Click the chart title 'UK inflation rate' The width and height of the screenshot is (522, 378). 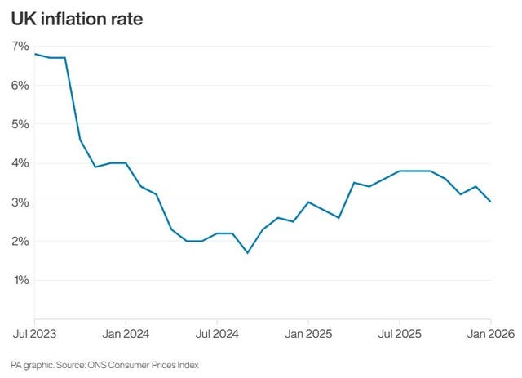(x=77, y=18)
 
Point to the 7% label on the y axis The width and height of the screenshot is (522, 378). (x=20, y=46)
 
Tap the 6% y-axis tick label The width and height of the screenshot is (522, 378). (x=20, y=85)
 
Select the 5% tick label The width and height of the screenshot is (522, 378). (x=20, y=124)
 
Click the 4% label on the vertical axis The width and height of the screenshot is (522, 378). (x=20, y=163)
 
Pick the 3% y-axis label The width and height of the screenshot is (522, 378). (x=20, y=202)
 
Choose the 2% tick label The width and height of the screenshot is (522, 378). (x=20, y=242)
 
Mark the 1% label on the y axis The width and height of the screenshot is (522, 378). (x=20, y=280)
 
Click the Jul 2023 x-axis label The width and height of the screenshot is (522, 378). (x=33, y=334)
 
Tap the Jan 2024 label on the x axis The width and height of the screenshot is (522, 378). (x=126, y=334)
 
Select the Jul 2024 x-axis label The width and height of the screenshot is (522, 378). (x=217, y=334)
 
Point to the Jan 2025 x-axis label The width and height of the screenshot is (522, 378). (x=308, y=334)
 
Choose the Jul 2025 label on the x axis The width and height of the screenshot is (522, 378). (x=400, y=334)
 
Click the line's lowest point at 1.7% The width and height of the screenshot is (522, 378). (x=247, y=253)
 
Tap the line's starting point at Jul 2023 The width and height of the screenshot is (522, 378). (x=35, y=54)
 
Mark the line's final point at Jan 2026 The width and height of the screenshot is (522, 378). (x=490, y=202)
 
